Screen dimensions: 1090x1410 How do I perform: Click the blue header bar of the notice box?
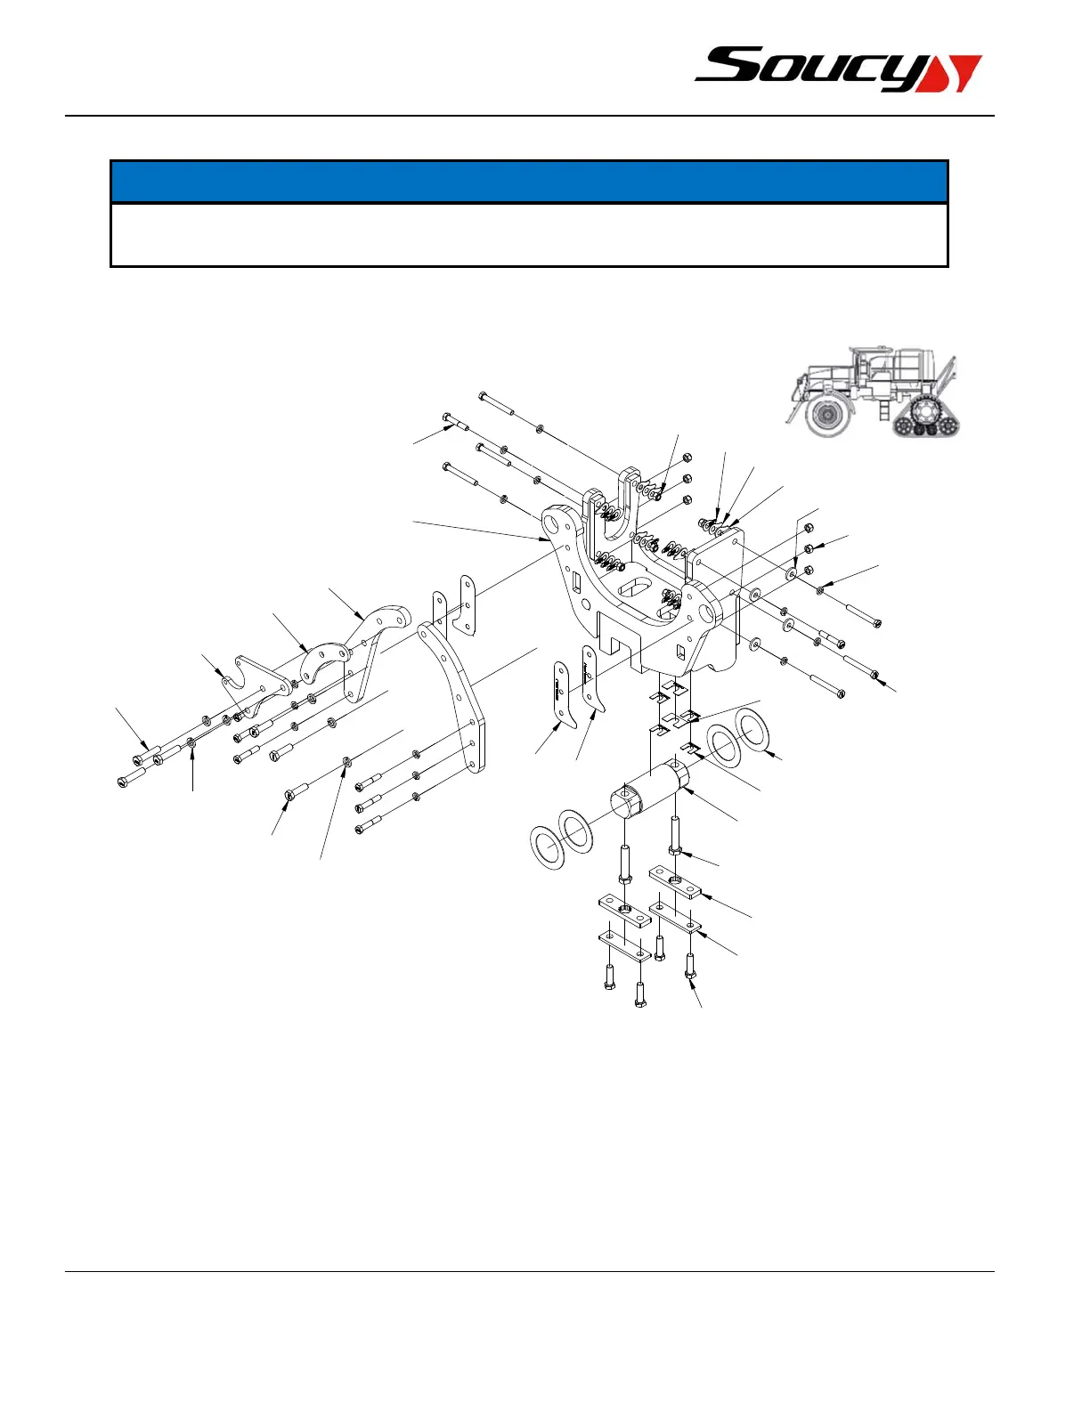(528, 182)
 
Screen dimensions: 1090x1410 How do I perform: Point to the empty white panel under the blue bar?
(528, 235)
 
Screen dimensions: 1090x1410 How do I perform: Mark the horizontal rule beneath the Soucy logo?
(530, 116)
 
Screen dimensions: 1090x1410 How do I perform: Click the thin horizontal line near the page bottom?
(530, 1271)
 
